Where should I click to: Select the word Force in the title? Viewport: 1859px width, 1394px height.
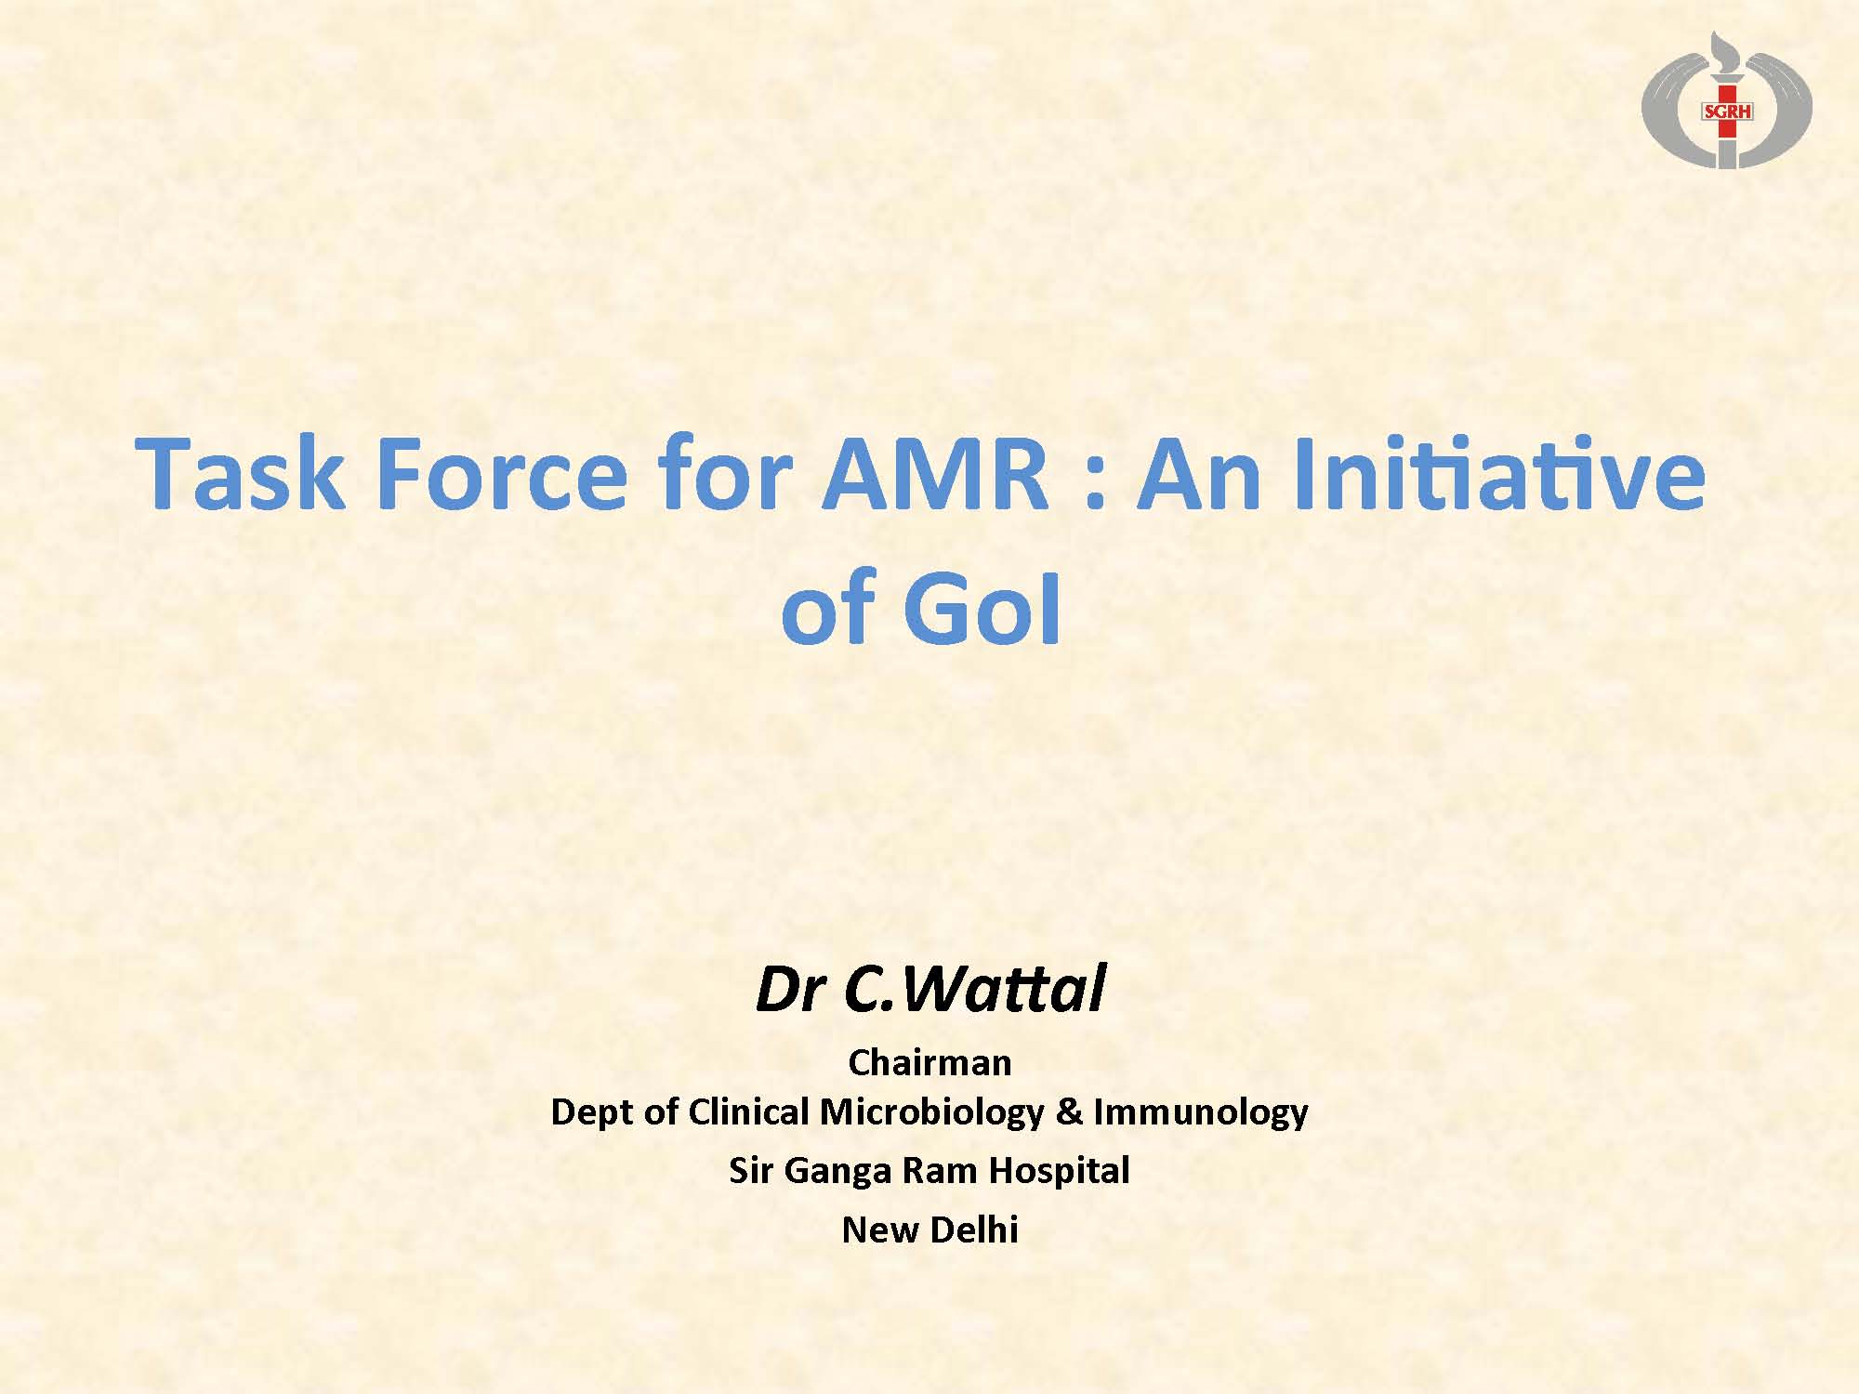502,475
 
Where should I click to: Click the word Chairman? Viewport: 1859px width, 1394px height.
929,1062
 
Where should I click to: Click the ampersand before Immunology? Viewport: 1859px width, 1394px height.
1069,1111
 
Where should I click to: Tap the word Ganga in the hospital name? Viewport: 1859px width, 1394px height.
837,1171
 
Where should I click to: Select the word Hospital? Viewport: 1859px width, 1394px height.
1059,1171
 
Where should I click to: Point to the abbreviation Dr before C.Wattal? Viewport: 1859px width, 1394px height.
791,989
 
